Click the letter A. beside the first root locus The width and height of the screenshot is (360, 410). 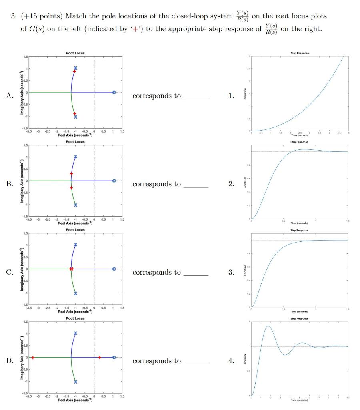click(x=10, y=96)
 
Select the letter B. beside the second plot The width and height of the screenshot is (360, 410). click(x=10, y=184)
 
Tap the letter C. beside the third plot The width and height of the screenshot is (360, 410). click(x=10, y=273)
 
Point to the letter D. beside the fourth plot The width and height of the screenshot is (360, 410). click(x=10, y=361)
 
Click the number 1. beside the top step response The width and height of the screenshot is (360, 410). click(x=231, y=96)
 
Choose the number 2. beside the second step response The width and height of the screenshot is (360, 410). click(x=231, y=184)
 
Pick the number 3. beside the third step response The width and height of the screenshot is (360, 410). click(x=231, y=273)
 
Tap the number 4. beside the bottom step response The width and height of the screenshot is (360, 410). click(x=231, y=361)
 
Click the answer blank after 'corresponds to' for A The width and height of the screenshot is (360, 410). click(x=196, y=97)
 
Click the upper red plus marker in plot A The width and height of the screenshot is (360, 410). click(x=74, y=71)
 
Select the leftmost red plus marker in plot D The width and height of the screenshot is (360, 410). click(x=33, y=357)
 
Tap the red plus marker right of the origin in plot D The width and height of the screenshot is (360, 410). click(x=100, y=357)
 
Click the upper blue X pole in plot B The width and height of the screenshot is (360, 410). click(x=76, y=156)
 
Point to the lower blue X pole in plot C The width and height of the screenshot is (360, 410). click(x=76, y=293)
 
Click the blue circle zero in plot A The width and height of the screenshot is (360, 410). click(x=114, y=92)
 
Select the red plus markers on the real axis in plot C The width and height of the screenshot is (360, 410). click(x=71, y=269)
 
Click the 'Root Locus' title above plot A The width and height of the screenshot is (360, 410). click(x=75, y=53)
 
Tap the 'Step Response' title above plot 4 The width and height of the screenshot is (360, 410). click(x=299, y=319)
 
